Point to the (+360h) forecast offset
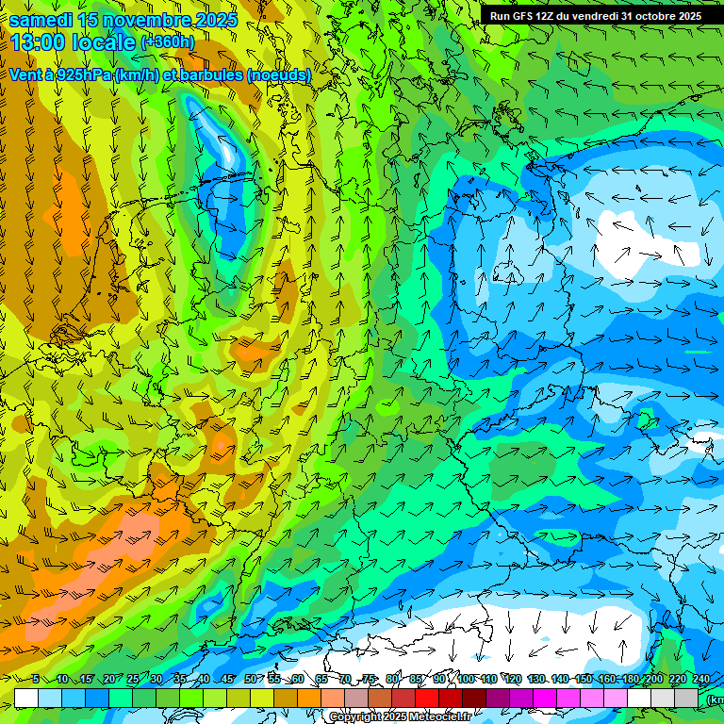[x=167, y=42]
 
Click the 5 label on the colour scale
[x=36, y=679]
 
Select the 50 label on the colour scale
[x=250, y=679]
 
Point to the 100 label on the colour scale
[x=466, y=679]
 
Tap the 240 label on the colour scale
[x=701, y=679]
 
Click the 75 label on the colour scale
[x=369, y=679]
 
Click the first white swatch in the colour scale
[x=26, y=698]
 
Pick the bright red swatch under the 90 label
[x=427, y=698]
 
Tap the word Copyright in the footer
[x=354, y=717]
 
